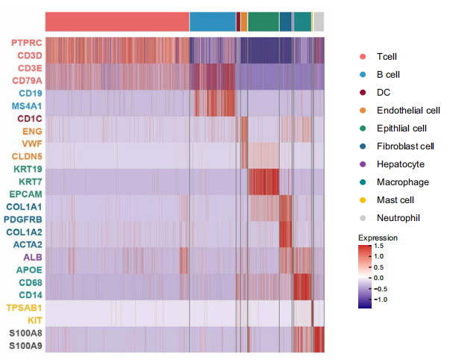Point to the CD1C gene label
(x=29, y=119)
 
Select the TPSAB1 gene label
(x=24, y=308)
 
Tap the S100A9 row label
(x=25, y=346)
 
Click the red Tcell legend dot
(x=363, y=57)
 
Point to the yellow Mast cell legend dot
(x=363, y=200)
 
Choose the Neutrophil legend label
(x=399, y=218)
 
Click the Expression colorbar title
(x=378, y=238)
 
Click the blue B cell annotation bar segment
(x=212, y=22)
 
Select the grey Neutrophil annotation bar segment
(x=319, y=22)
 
